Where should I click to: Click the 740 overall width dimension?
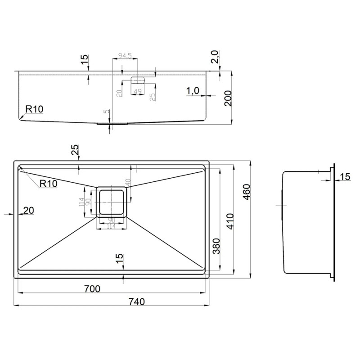[x=137, y=301]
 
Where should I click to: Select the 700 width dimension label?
[x=92, y=288]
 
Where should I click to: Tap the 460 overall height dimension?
[x=246, y=192]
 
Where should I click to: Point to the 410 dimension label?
[x=230, y=221]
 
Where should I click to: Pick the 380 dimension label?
[x=216, y=246]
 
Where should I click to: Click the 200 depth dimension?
[x=228, y=98]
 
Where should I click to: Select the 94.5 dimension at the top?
[x=125, y=55]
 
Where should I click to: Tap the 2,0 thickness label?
[x=214, y=57]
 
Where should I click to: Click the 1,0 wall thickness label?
[x=193, y=91]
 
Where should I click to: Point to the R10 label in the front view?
[x=34, y=109]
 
